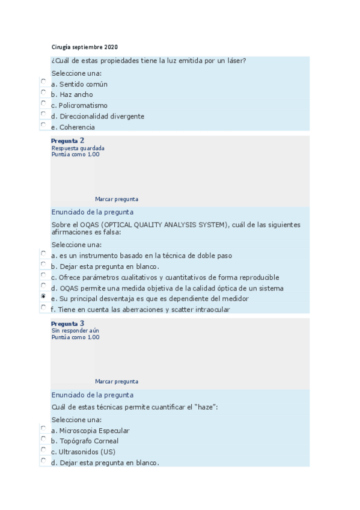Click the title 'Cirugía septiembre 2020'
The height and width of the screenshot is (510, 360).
click(x=84, y=47)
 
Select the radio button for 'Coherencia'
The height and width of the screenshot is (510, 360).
click(x=43, y=124)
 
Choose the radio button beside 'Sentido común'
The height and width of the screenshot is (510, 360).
click(x=43, y=81)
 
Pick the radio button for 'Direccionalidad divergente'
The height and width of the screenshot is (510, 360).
click(x=43, y=114)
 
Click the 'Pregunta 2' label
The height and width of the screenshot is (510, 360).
click(x=67, y=141)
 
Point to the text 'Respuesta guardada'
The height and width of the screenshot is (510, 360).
click(x=78, y=148)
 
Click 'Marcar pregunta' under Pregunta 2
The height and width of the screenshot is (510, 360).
click(x=116, y=199)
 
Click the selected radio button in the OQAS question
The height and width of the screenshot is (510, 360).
click(x=43, y=296)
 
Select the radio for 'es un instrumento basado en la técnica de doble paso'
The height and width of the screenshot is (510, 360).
click(x=43, y=253)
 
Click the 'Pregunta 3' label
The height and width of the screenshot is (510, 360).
click(x=67, y=324)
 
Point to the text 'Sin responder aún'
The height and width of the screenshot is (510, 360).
click(x=75, y=331)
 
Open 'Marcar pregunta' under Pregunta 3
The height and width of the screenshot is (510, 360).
click(x=116, y=381)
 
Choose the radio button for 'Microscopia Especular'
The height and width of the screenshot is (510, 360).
click(x=43, y=428)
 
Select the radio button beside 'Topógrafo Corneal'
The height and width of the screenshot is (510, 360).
click(x=43, y=439)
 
